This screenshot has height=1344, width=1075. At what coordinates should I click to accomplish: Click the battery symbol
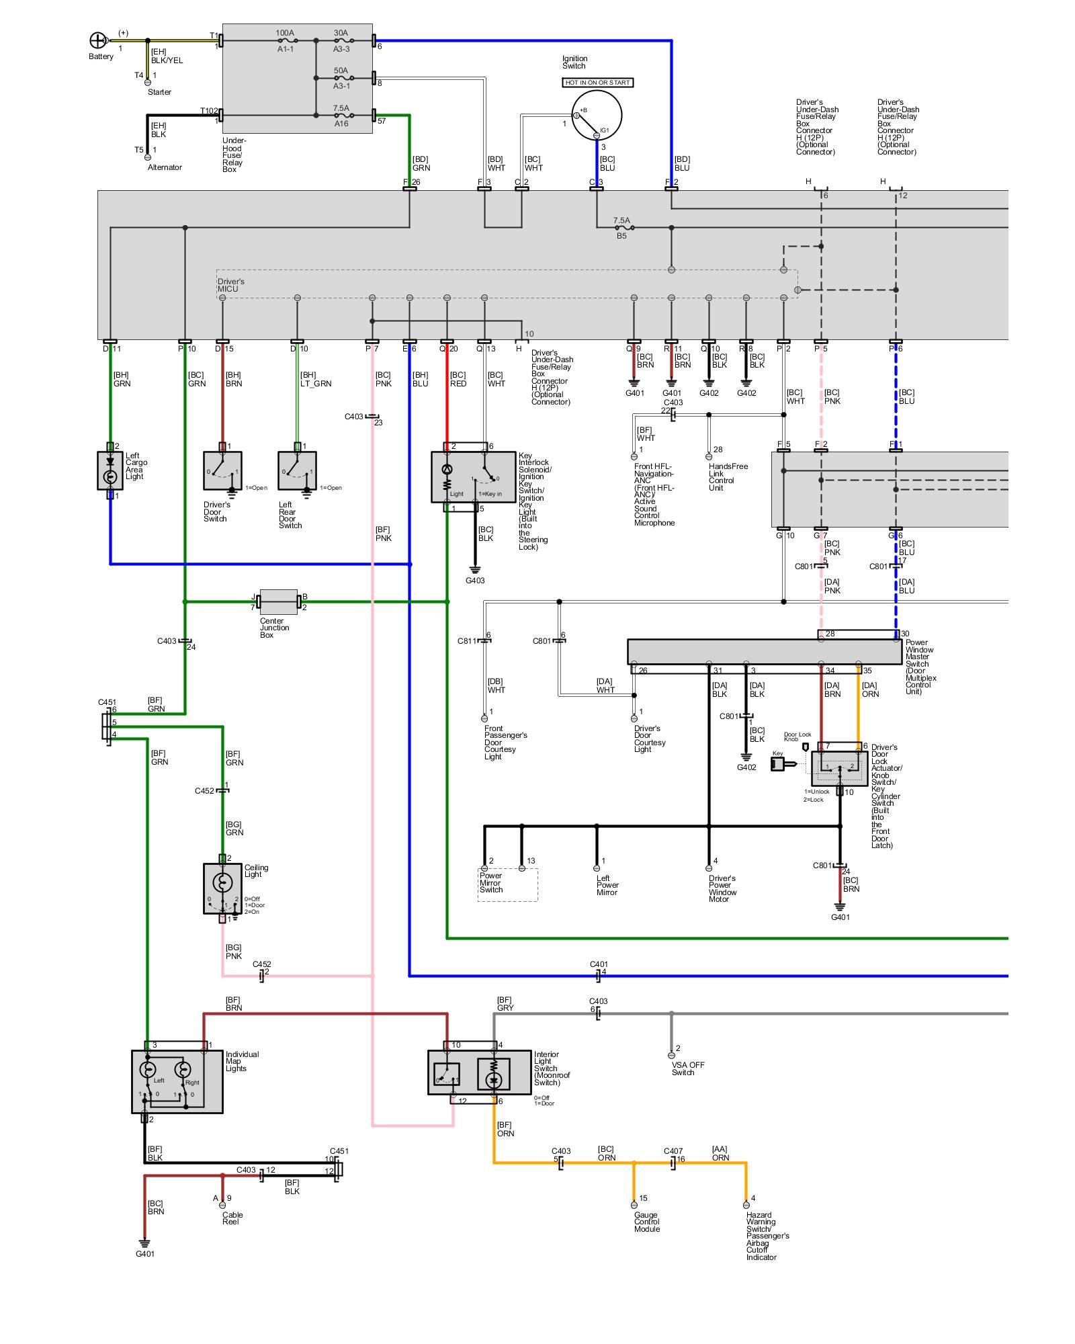click(x=98, y=40)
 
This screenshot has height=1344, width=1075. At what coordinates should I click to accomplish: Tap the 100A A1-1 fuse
click(x=285, y=40)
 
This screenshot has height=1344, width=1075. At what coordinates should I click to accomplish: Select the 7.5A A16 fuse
click(x=341, y=116)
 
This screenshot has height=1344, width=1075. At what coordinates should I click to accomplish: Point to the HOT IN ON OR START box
click(x=597, y=83)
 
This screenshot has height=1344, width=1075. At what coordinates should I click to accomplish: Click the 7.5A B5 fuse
click(x=621, y=228)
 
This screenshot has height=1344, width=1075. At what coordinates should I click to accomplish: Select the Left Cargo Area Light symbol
click(x=110, y=470)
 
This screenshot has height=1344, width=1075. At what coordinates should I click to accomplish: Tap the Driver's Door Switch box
click(x=222, y=470)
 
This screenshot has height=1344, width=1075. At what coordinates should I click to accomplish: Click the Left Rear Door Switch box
click(x=297, y=470)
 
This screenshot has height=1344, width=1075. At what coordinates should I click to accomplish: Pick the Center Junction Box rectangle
click(x=278, y=602)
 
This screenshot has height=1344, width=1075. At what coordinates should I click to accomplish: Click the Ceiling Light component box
click(x=222, y=888)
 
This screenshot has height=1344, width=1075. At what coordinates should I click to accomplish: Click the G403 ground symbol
click(x=475, y=571)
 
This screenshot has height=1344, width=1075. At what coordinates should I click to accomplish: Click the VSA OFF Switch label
click(x=687, y=1068)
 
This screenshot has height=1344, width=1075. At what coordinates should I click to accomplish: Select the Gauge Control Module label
click(x=646, y=1222)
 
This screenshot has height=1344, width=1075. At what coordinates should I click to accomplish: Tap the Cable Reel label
click(x=232, y=1218)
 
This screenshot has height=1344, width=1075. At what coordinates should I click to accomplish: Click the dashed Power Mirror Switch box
click(x=507, y=884)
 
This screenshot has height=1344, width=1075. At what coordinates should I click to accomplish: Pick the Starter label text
click(x=159, y=92)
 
